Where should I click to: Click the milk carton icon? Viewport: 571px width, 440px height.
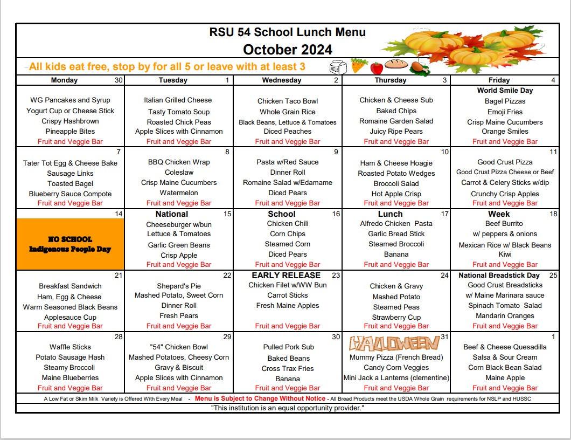pos(338,67)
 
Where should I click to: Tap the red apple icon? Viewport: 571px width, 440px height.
pos(377,68)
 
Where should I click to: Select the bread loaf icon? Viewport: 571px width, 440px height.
pos(396,65)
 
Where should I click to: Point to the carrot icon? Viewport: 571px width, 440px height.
pos(358,66)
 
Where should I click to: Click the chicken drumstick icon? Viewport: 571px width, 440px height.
pos(418,67)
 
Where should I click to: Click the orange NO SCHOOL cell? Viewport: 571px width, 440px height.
pos(70,244)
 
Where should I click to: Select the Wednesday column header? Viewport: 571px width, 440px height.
pos(281,80)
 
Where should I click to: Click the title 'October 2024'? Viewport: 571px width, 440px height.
pos(288,50)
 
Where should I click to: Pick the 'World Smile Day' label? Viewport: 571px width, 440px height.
pos(505,91)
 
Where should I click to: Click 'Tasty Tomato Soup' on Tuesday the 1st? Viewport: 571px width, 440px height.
pos(179,112)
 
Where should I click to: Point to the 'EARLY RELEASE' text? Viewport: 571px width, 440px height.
pos(286,275)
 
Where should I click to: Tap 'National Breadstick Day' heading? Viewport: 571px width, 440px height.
pos(499,276)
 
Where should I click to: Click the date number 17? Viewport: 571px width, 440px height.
pos(444,214)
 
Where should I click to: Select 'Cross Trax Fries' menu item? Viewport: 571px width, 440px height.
pos(288,368)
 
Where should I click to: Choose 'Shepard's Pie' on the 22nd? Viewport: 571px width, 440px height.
pos(179,286)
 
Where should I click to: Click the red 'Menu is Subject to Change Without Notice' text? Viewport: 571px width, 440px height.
pos(260,398)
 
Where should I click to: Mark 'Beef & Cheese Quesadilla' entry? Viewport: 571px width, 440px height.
pos(505,347)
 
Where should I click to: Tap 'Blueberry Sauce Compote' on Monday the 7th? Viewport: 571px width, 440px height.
pos(70,194)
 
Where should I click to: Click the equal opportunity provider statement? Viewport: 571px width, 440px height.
pos(288,408)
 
